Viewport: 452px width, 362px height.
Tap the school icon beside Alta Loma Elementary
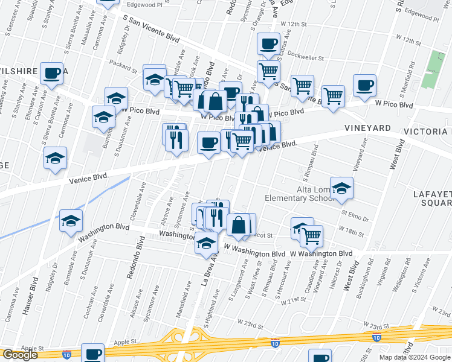click(x=341, y=188)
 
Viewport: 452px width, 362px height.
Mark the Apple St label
click(x=33, y=348)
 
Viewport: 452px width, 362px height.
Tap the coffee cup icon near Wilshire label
click(x=52, y=74)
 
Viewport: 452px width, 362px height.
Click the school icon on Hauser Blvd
click(x=71, y=221)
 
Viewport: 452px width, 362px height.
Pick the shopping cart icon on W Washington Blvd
click(x=311, y=235)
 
